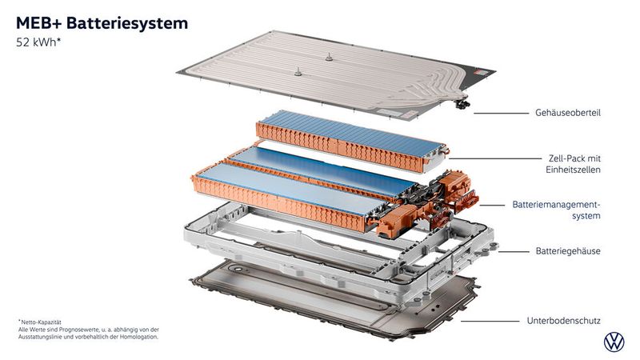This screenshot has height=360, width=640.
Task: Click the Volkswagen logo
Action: [614, 342]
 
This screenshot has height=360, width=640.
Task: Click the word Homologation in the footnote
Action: [137, 337]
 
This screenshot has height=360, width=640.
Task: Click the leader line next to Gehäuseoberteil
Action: [496, 114]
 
